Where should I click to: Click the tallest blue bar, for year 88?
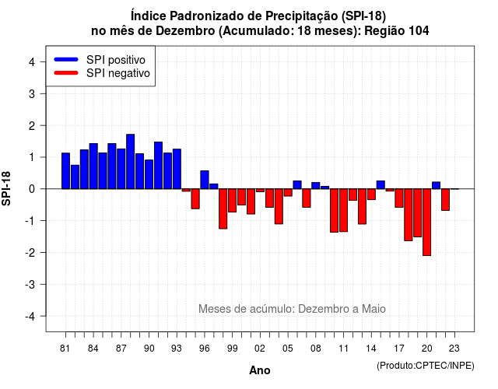(x=130, y=162)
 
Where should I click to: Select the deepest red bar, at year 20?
(x=427, y=223)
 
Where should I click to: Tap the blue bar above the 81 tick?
(x=65, y=171)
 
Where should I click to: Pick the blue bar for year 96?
(x=205, y=180)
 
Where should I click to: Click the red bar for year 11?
(x=344, y=210)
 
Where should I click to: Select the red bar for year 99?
(x=232, y=201)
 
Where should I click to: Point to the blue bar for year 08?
(x=316, y=185)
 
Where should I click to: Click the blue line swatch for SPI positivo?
(x=66, y=59)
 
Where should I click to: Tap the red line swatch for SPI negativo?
(x=66, y=73)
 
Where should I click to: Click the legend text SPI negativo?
(x=118, y=73)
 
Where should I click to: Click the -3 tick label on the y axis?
(x=30, y=284)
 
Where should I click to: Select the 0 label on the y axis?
(x=32, y=189)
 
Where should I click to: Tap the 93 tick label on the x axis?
(x=177, y=349)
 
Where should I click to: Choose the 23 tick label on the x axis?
(x=454, y=349)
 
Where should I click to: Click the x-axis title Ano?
(x=260, y=370)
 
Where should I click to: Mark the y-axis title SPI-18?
(x=6, y=188)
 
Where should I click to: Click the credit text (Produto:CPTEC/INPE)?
(x=426, y=366)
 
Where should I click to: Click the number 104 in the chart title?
(x=419, y=31)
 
